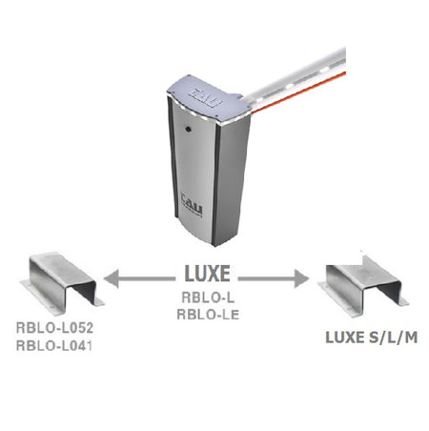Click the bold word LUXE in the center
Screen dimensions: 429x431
(208, 274)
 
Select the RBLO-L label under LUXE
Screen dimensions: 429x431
(208, 298)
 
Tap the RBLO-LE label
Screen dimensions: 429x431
(208, 315)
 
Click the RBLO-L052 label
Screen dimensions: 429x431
(54, 328)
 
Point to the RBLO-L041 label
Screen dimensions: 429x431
(54, 345)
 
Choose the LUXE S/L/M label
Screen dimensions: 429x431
(371, 338)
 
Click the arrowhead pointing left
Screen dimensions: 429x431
(111, 278)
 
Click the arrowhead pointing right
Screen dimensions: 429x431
(301, 278)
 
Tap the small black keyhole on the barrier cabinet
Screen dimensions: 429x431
(188, 129)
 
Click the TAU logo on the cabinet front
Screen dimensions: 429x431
(192, 204)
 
